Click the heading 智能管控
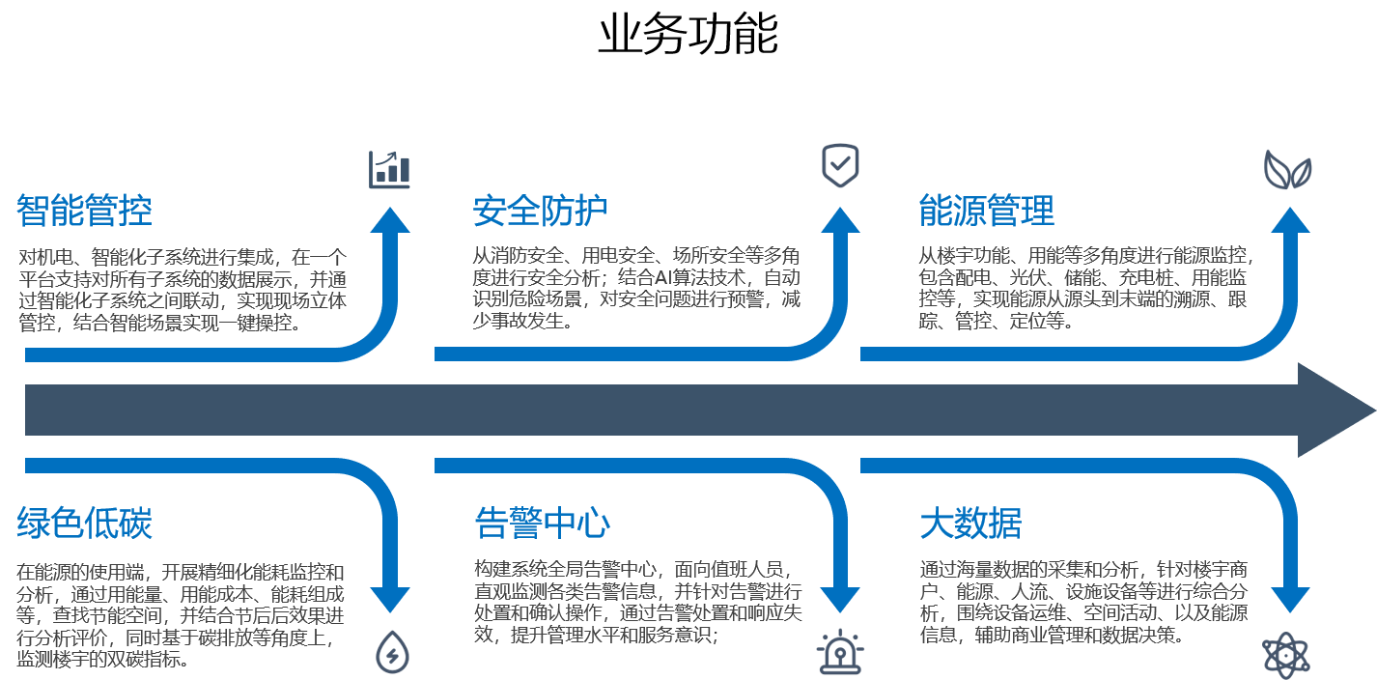[84, 211]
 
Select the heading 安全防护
[540, 211]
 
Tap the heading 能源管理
[986, 211]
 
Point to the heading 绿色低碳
[84, 524]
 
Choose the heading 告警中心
[542, 524]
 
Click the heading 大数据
[970, 524]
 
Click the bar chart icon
[390, 170]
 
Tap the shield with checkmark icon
[840, 166]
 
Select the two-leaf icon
[1288, 170]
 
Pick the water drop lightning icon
[392, 652]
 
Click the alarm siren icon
[840, 653]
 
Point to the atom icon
[1288, 656]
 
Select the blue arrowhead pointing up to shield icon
[840, 221]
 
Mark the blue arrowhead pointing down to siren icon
[840, 599]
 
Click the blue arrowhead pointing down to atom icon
[1290, 599]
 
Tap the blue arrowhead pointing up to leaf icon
[1290, 221]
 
